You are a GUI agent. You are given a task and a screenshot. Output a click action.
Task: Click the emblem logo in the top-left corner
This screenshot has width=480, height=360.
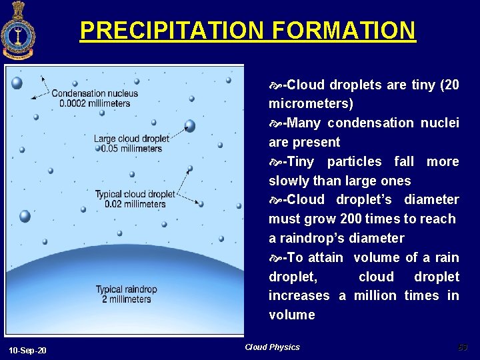pos(18,31)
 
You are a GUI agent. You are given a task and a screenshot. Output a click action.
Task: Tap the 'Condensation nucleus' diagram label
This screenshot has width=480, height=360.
pos(95,93)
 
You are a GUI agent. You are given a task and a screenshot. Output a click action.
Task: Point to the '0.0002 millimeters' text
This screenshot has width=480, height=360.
pos(95,103)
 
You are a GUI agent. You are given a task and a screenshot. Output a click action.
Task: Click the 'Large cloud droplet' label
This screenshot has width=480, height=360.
pos(131,139)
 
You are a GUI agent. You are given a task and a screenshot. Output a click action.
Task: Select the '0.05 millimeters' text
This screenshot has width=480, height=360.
pos(131,148)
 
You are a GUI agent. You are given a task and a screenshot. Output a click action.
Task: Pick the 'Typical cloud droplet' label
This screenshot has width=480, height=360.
pos(135,194)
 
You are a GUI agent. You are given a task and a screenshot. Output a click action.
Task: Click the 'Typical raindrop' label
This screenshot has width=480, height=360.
pos(126,289)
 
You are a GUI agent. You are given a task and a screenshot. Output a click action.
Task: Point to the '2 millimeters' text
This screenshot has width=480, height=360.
pos(127,299)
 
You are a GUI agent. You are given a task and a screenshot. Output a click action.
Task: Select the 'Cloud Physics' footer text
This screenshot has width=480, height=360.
pos(272,347)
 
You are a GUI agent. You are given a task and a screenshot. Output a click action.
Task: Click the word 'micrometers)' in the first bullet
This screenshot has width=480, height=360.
pos(311,104)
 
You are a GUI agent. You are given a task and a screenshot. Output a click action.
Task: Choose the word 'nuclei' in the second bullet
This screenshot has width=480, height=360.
pos(439,123)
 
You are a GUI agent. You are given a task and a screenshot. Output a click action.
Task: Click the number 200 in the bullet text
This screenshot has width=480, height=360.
pos(353,219)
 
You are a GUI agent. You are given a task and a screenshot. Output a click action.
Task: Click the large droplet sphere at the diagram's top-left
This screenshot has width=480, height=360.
pos(17,83)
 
